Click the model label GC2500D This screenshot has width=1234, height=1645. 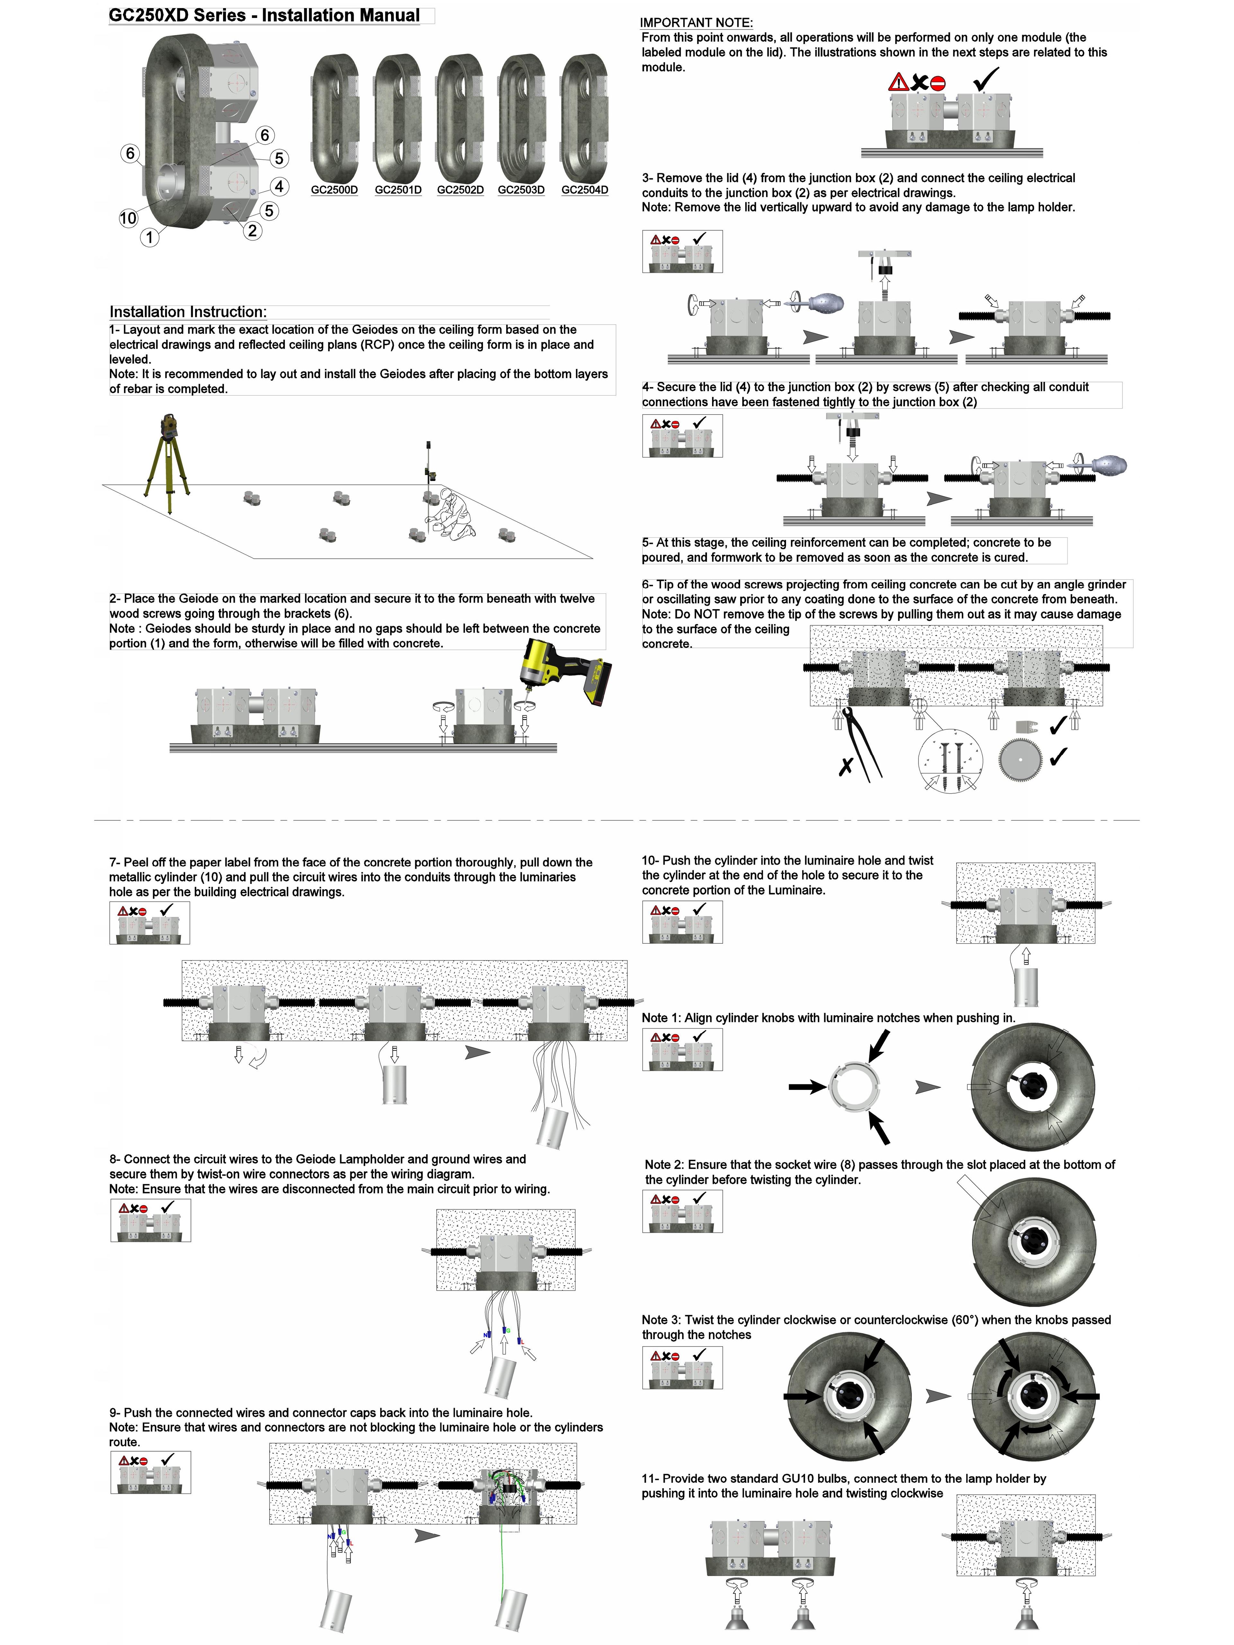[x=334, y=190]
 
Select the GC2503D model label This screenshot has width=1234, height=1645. [x=521, y=190]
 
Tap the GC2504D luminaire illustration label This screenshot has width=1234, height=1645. [x=585, y=190]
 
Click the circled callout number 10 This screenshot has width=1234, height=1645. [x=128, y=218]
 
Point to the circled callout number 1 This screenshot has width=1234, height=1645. [x=149, y=237]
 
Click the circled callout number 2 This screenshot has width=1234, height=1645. [x=252, y=231]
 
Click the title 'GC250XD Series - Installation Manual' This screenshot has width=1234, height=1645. [x=264, y=16]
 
